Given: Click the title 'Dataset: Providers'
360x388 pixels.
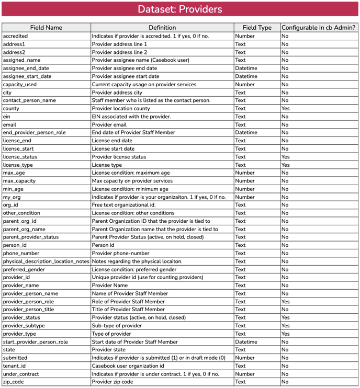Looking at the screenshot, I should click(x=179, y=9).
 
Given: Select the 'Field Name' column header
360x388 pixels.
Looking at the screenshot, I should click(x=46, y=27).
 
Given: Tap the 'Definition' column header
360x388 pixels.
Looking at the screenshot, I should click(x=162, y=27).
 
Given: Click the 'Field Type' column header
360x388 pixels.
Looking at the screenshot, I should click(x=256, y=27).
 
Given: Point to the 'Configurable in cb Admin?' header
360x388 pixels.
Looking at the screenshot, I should click(x=319, y=27).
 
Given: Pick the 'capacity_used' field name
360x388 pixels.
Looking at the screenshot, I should click(x=20, y=84).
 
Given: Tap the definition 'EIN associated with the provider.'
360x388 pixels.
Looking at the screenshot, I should click(x=131, y=117).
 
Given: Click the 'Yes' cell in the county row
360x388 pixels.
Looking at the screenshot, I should click(x=285, y=108).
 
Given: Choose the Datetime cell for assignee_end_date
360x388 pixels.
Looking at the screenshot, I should click(x=246, y=68).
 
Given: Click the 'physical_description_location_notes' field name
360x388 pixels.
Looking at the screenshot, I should click(x=46, y=261).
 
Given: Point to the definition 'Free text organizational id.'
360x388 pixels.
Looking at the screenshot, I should click(x=124, y=205).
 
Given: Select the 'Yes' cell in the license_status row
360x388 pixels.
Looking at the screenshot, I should click(x=285, y=157).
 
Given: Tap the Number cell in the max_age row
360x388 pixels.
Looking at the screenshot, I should click(x=245, y=173).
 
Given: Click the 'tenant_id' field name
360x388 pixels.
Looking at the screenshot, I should click(x=15, y=366).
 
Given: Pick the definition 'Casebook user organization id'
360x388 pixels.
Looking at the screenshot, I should click(x=128, y=366).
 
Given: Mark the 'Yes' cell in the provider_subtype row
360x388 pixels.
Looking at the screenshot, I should click(x=285, y=326).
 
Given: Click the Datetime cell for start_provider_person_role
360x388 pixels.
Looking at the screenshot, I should click(x=246, y=342).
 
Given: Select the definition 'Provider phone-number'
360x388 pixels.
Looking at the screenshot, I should click(x=120, y=253).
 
